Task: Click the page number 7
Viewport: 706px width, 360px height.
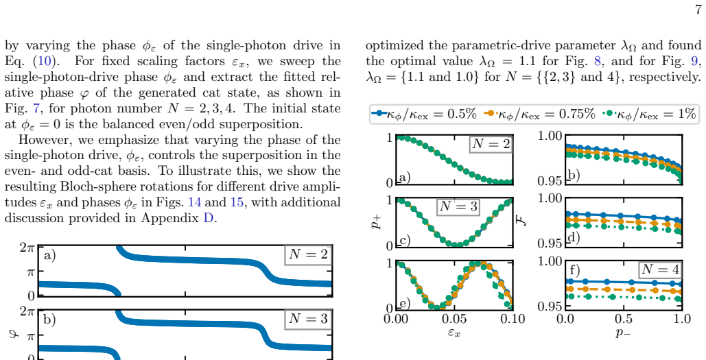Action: (698, 10)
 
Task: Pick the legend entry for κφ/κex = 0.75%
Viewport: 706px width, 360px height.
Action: (539, 114)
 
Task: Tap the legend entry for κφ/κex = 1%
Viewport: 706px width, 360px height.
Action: (649, 114)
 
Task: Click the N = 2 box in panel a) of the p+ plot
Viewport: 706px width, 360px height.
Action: (491, 144)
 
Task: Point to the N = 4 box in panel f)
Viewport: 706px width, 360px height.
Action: (660, 269)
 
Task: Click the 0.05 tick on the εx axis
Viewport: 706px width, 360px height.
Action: (454, 319)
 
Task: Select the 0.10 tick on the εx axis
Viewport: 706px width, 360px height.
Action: (513, 319)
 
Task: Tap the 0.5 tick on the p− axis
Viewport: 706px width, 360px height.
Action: (624, 319)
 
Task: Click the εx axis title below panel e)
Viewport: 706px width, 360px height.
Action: (454, 333)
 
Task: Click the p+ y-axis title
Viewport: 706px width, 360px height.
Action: (376, 221)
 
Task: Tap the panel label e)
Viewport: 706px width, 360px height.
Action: (404, 303)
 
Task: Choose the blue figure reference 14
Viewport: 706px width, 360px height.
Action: (195, 202)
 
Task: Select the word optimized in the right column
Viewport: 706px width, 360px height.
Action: (394, 46)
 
